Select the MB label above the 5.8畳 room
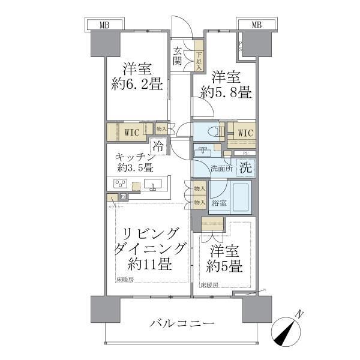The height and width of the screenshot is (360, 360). (256, 25)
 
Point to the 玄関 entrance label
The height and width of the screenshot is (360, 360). (179, 56)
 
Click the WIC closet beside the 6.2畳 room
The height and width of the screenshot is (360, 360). (133, 132)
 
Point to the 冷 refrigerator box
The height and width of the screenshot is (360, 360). (158, 146)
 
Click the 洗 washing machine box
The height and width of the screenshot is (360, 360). (246, 168)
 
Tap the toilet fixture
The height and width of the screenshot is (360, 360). (207, 131)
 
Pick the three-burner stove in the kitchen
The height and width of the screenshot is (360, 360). (120, 185)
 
